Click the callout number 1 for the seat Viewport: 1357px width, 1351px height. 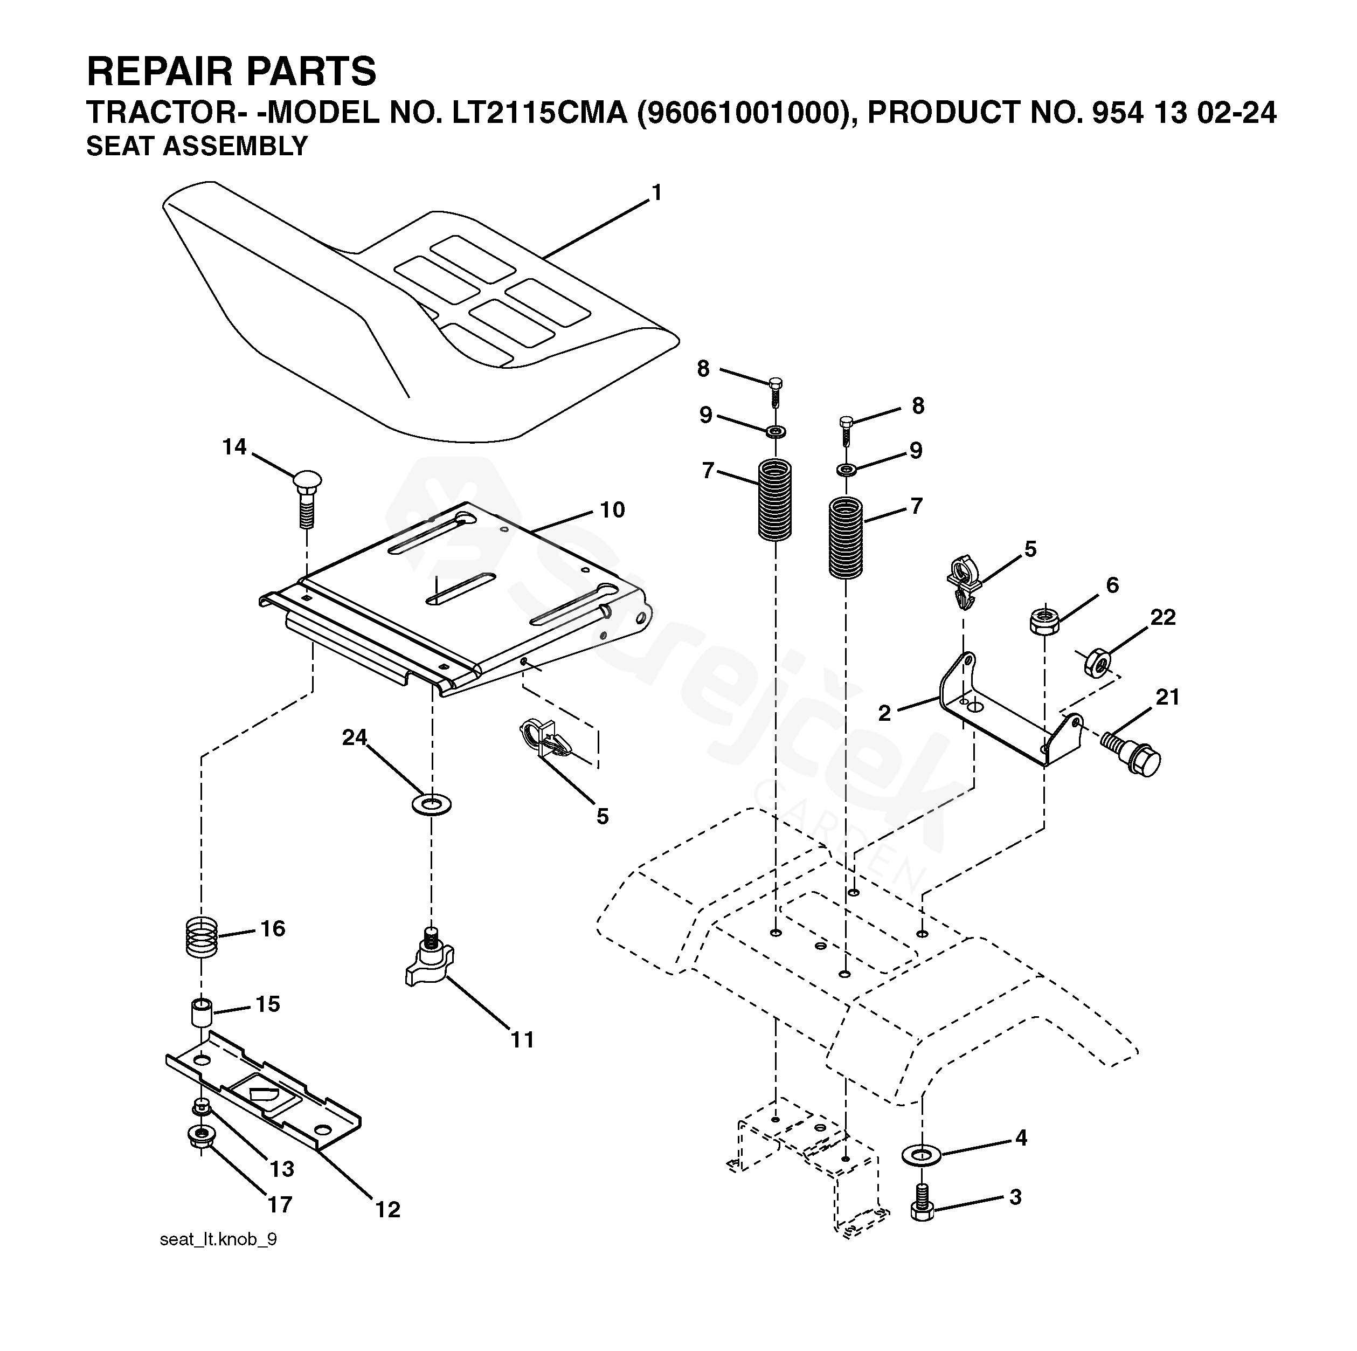[657, 192]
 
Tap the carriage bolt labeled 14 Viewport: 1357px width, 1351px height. [306, 500]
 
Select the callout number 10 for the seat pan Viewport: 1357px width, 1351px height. [612, 510]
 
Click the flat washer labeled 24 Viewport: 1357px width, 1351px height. [431, 802]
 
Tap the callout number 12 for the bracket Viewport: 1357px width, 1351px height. [387, 1210]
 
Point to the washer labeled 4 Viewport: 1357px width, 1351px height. [922, 1154]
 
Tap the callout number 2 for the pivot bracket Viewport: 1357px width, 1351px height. [884, 713]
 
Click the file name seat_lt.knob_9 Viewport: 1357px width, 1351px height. [218, 1259]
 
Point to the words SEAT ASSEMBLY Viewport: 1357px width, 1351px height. [197, 146]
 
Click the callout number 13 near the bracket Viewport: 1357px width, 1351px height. [282, 1170]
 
